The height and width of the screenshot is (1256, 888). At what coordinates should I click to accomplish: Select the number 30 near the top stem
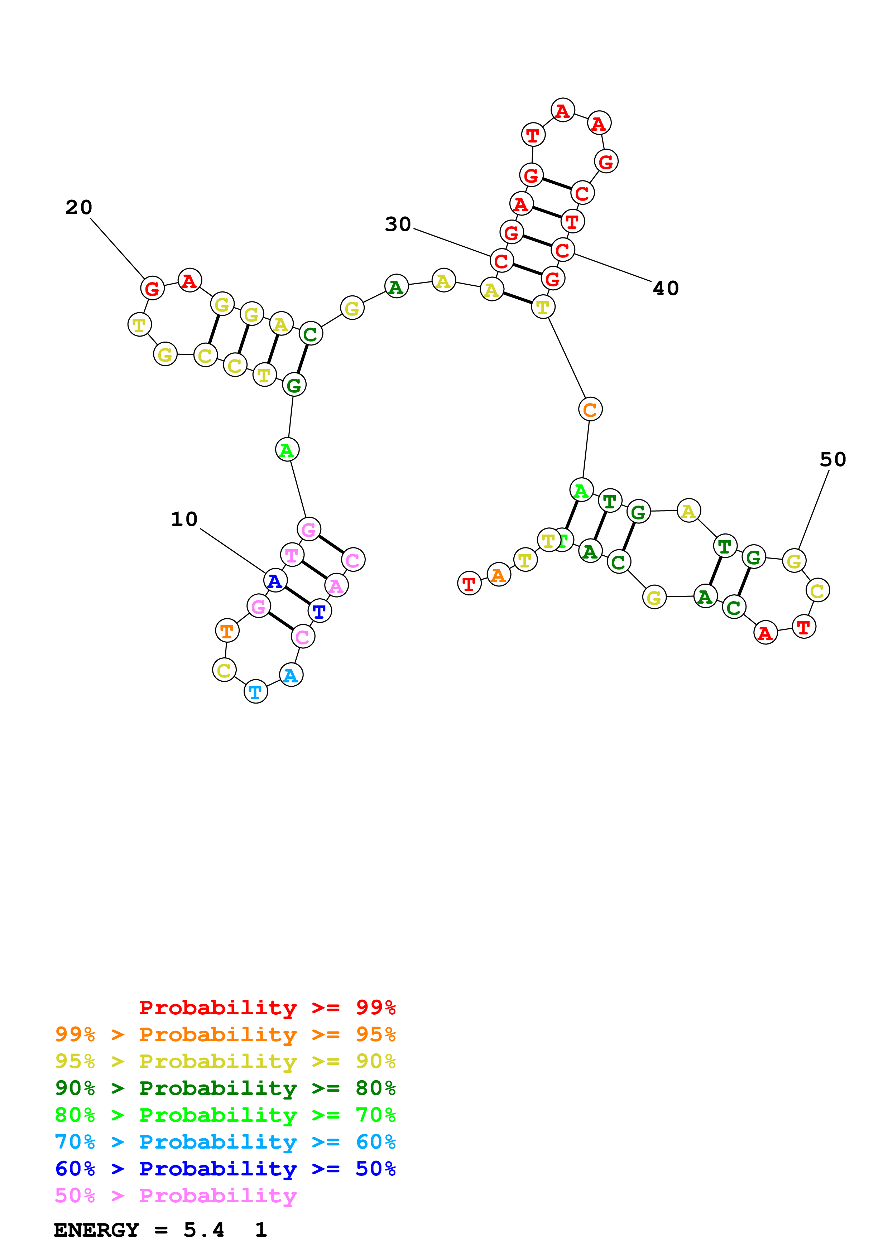[x=398, y=224]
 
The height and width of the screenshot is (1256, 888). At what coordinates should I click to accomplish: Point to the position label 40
[x=666, y=288]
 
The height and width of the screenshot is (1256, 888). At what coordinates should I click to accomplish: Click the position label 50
[x=833, y=459]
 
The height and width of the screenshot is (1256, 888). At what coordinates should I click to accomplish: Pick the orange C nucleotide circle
[x=590, y=409]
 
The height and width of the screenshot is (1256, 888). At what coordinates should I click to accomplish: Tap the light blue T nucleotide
[x=255, y=692]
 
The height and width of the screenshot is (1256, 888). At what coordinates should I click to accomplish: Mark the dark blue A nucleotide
[x=275, y=580]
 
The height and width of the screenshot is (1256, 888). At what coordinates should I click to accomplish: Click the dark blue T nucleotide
[x=320, y=611]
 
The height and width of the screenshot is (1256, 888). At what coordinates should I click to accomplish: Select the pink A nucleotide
[x=336, y=586]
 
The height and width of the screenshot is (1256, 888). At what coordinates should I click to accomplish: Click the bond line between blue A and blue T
[x=297, y=596]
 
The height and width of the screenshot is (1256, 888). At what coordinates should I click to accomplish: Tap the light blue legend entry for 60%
[x=225, y=1142]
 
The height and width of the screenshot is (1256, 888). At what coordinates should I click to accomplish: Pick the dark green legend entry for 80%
[x=225, y=1088]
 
